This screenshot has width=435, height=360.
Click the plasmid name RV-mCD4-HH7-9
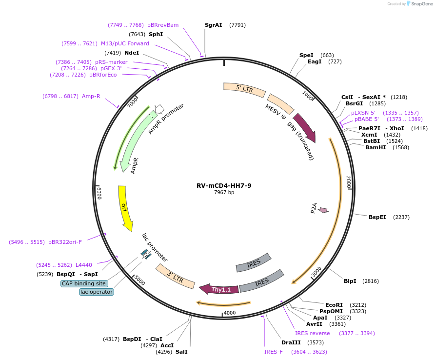point(224,185)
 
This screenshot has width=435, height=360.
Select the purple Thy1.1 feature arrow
point(219,289)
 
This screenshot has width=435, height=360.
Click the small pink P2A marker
point(322,210)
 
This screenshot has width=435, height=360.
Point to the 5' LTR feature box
point(244,89)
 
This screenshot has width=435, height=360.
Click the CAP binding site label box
point(83,283)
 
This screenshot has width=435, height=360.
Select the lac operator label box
point(97,292)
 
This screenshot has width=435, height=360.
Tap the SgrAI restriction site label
point(214,25)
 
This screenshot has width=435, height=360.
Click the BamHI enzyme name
point(376,147)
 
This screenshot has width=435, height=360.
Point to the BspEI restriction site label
point(377,217)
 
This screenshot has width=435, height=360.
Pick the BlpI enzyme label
point(350,281)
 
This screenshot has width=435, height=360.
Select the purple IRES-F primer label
point(274,352)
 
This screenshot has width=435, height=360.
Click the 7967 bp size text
point(224,193)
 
